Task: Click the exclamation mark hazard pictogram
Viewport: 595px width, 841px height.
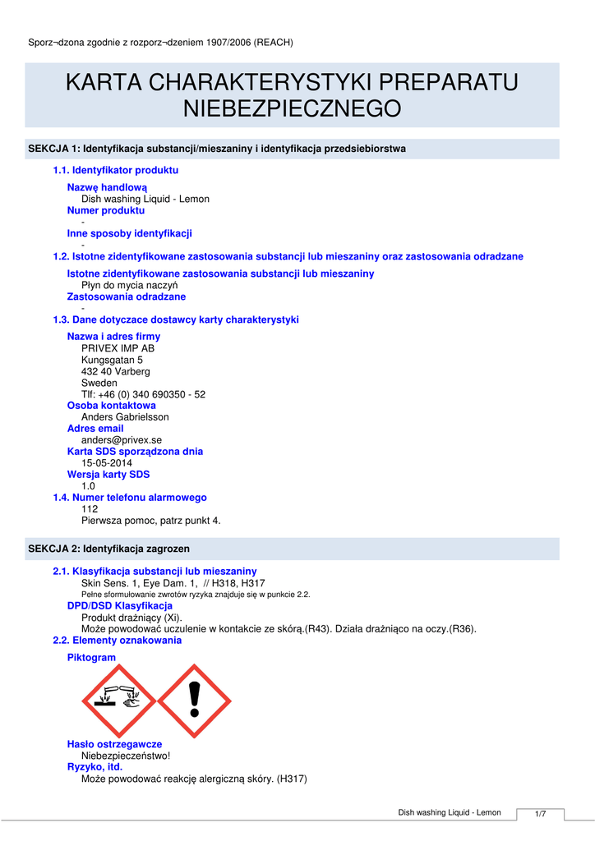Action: coord(194,699)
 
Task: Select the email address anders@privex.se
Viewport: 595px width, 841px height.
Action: coord(121,440)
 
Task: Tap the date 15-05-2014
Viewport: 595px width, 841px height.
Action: coord(106,463)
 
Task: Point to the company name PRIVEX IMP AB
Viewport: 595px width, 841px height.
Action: coord(118,348)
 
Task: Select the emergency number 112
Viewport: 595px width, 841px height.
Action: coord(89,509)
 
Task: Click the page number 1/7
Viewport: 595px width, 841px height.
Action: coord(541,814)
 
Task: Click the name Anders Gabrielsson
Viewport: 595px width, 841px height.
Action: coord(125,417)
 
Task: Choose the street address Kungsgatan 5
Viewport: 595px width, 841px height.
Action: coord(112,360)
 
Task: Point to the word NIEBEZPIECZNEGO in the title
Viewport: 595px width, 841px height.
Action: coord(292,108)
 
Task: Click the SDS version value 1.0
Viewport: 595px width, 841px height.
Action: coord(88,486)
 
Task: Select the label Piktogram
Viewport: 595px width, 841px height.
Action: coord(91,658)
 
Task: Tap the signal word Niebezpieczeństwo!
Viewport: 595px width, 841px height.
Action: coord(125,756)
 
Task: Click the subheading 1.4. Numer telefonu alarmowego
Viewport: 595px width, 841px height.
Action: coord(130,498)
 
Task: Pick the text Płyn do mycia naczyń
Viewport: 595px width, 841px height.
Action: coord(129,285)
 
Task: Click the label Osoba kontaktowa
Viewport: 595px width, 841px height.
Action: coord(111,406)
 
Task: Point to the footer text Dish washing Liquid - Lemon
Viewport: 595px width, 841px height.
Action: coord(450,812)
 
